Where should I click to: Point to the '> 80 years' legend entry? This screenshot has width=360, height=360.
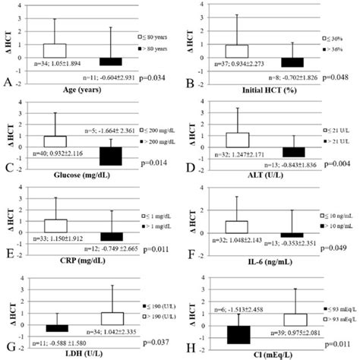pos(158,48)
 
